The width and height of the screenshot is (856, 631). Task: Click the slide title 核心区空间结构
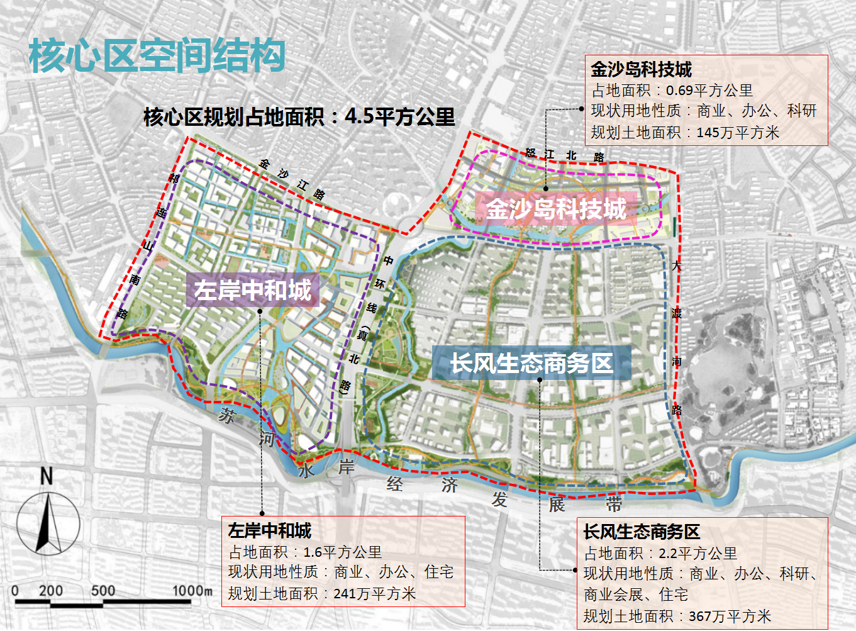[157, 55]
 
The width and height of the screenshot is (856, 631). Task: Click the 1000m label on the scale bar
[192, 591]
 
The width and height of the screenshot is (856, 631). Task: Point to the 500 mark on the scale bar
[103, 591]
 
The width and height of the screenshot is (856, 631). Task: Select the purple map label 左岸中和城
[252, 290]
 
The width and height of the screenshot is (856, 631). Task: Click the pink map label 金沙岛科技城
[556, 209]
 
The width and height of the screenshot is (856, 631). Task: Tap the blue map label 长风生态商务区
[531, 363]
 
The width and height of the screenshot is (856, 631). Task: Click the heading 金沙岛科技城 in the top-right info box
[641, 69]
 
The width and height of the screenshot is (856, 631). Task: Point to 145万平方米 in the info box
[738, 133]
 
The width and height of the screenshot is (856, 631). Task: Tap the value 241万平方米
[374, 593]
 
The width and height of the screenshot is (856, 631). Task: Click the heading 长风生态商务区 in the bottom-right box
[641, 532]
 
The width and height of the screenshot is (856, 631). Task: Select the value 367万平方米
[730, 616]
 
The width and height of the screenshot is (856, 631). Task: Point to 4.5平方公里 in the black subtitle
[399, 116]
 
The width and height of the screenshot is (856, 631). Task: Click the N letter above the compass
[46, 476]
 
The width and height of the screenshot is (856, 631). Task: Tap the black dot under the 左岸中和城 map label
[260, 311]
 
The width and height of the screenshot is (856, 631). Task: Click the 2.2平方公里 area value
[698, 554]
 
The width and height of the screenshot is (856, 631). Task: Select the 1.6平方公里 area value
[342, 552]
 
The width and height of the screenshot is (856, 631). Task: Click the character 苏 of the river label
[226, 415]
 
